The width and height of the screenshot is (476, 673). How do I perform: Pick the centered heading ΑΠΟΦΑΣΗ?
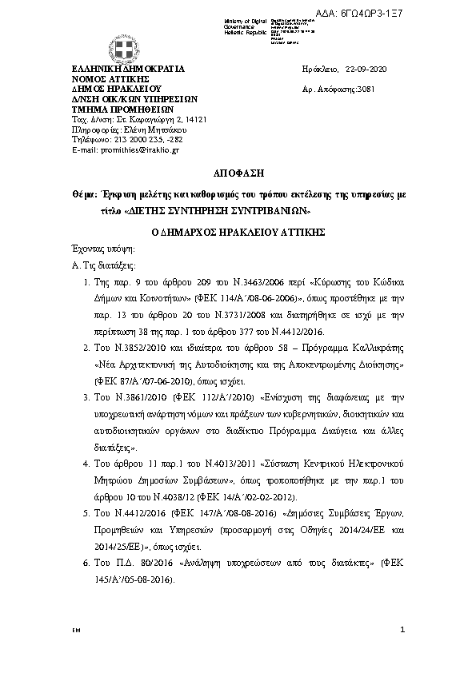237,172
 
